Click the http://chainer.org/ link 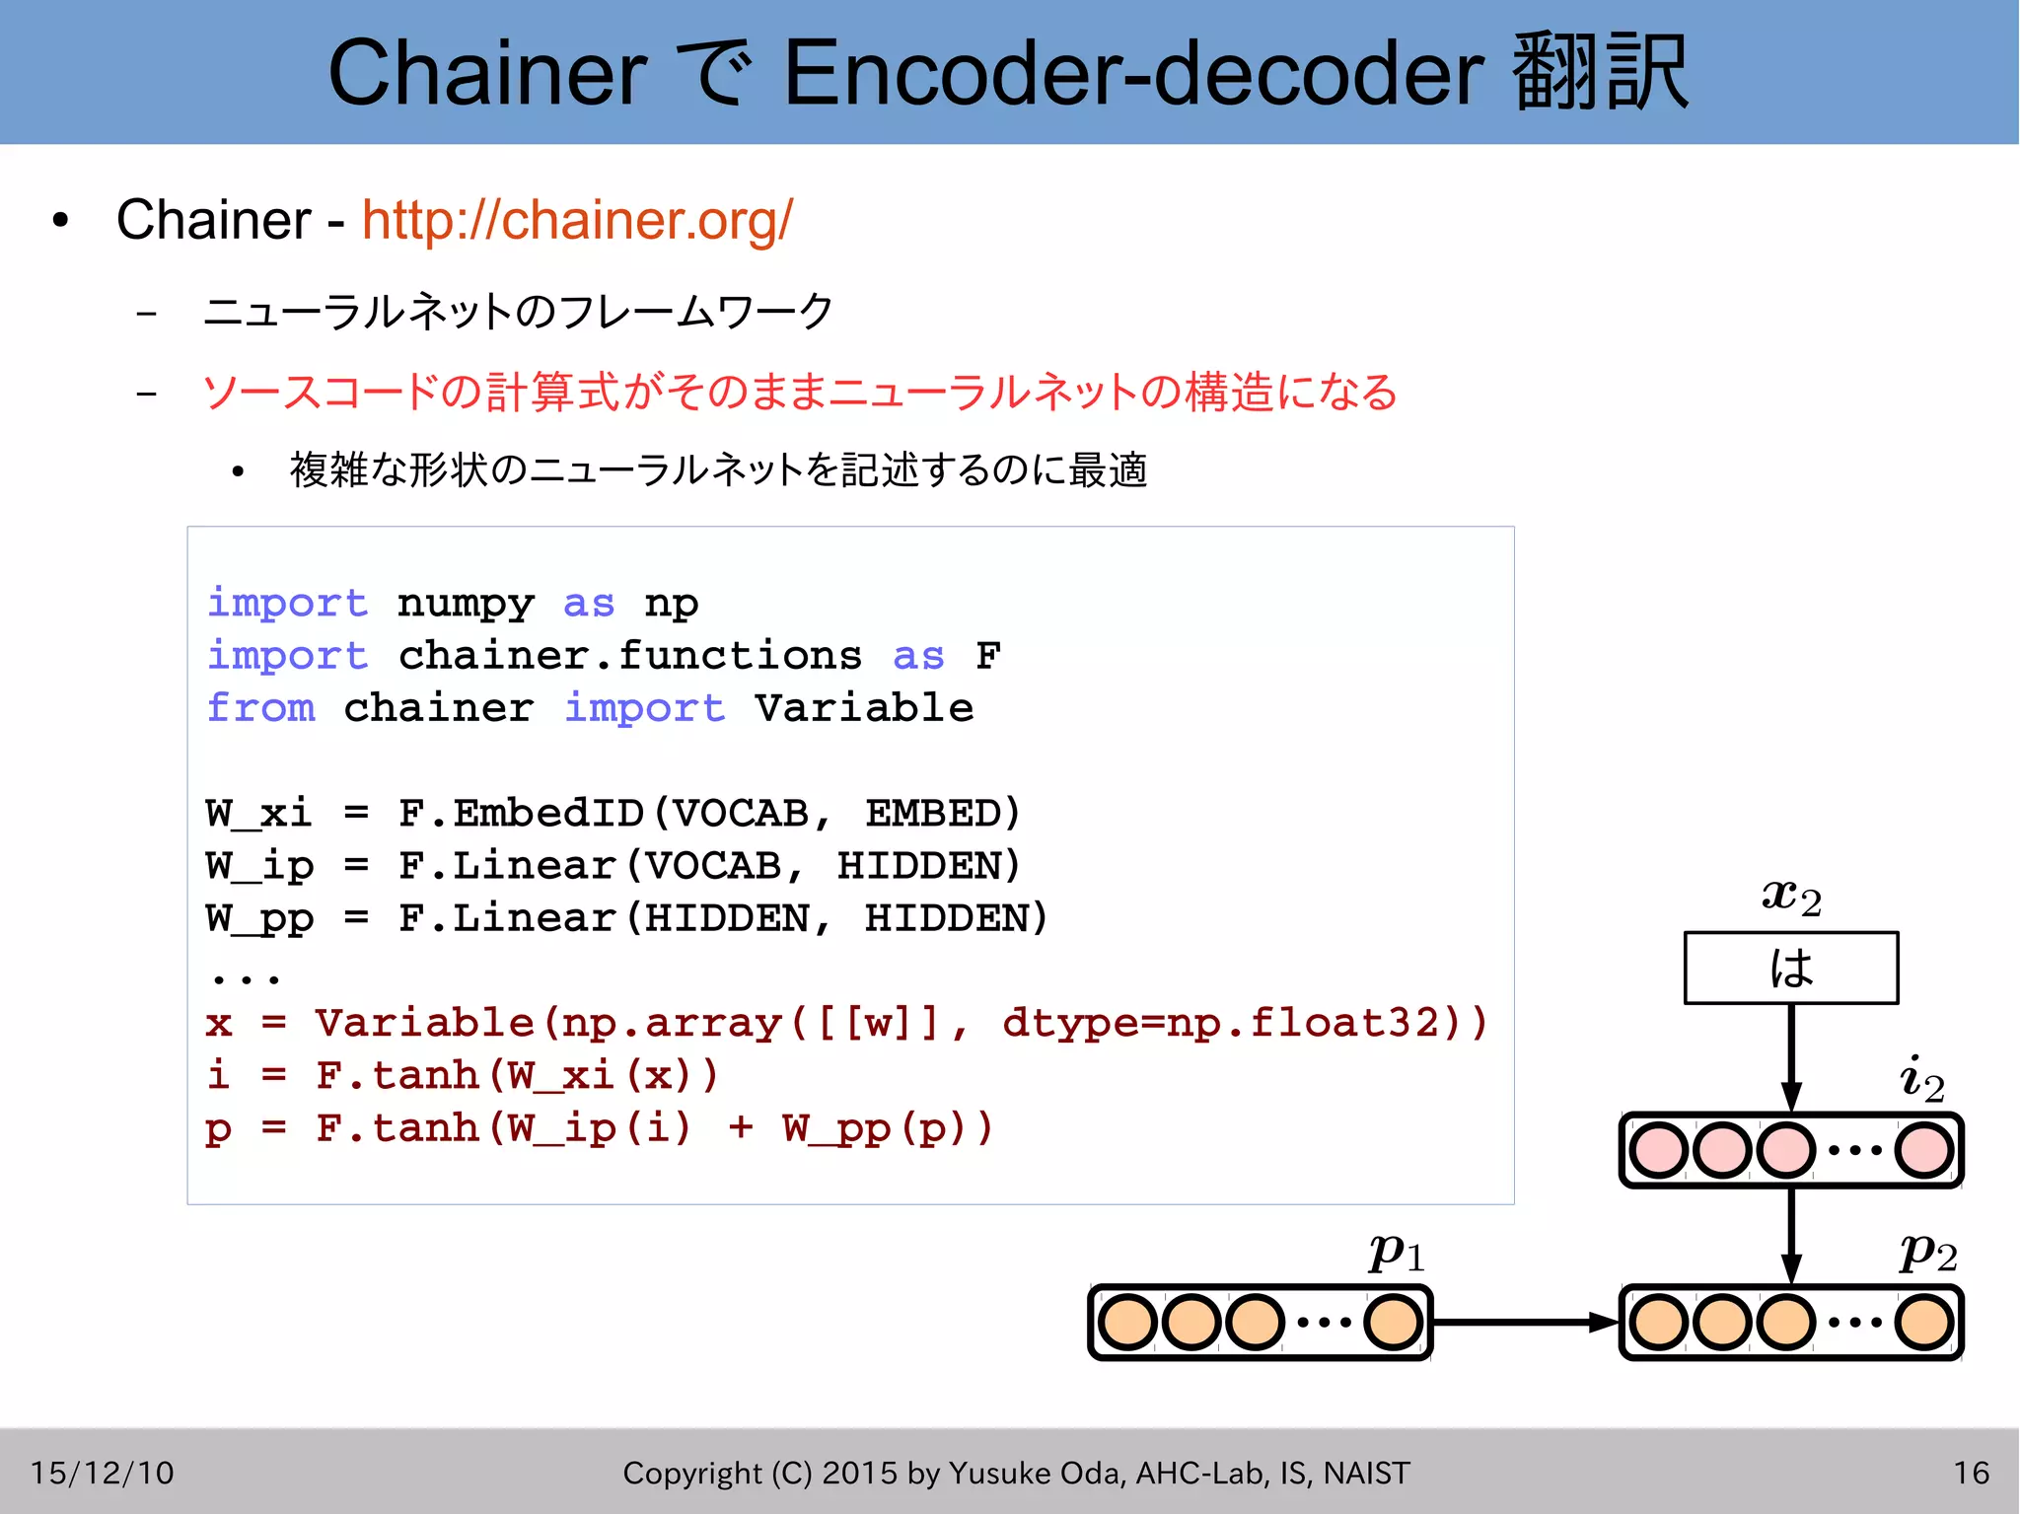pos(577,220)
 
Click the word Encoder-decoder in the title pos(1133,73)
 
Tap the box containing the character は pos(1790,968)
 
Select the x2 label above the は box pos(1791,897)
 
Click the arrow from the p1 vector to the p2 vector pos(1525,1322)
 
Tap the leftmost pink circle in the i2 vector pos(1658,1150)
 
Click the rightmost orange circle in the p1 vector pos(1394,1322)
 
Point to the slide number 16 pos(1971,1473)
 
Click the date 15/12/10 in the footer pos(102,1473)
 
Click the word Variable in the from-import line pos(864,708)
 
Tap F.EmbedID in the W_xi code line pos(521,814)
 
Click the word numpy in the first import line pos(466,604)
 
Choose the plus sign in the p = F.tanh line pos(741,1127)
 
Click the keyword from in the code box pos(261,708)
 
